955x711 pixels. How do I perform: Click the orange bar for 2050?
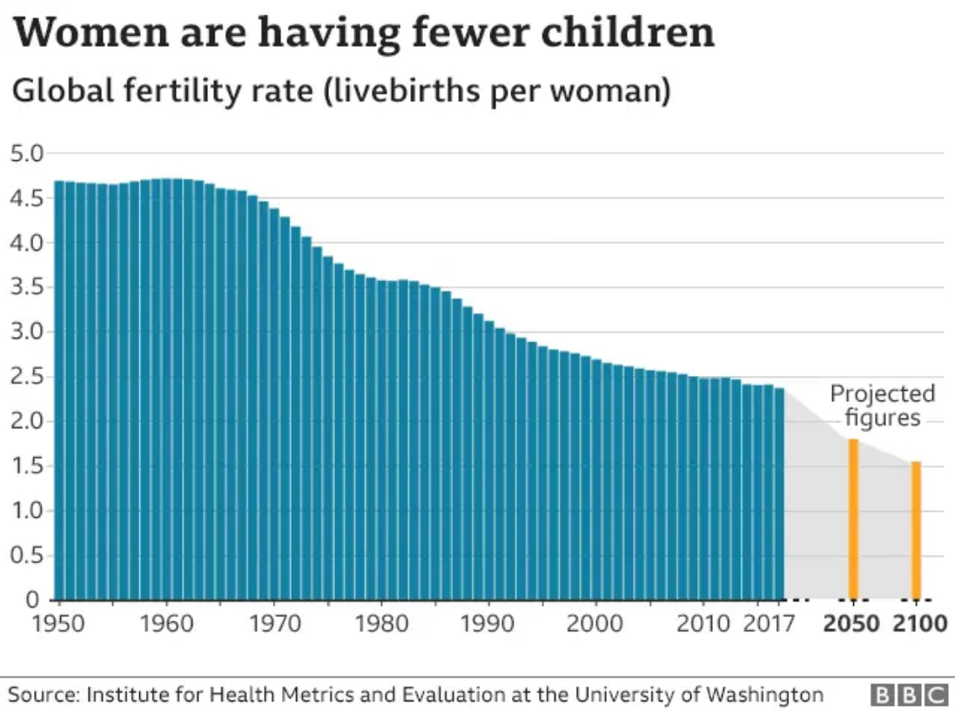854,520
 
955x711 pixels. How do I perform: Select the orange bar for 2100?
916,530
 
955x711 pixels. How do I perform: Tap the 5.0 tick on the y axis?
26,154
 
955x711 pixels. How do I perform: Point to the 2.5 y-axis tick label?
26,377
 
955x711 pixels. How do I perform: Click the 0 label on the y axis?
32,600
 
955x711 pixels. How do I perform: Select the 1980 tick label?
381,624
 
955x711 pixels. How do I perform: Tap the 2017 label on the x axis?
769,624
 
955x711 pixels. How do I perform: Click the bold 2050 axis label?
851,624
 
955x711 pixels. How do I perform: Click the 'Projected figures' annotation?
883,406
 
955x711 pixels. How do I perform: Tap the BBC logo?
910,694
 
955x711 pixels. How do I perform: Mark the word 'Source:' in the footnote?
44,694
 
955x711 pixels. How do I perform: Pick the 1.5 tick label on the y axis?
26,466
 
